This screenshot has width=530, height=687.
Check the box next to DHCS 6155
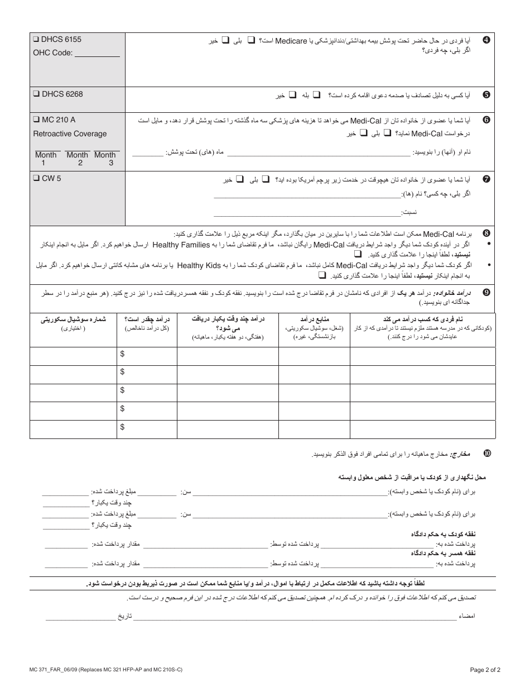pos(36,40)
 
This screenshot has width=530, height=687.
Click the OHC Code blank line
pos(97,55)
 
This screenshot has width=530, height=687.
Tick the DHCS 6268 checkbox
pos(36,94)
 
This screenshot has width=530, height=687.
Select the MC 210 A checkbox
pos(36,120)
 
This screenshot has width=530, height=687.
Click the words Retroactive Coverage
pos(70,134)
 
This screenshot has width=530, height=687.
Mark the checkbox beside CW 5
pos(36,179)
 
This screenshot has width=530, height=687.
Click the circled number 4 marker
pos(486,40)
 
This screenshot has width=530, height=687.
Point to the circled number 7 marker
pos(486,179)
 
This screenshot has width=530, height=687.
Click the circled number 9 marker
pos(486,292)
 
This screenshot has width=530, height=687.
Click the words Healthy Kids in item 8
pos(197,265)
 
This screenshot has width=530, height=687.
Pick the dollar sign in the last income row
pos(122,427)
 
